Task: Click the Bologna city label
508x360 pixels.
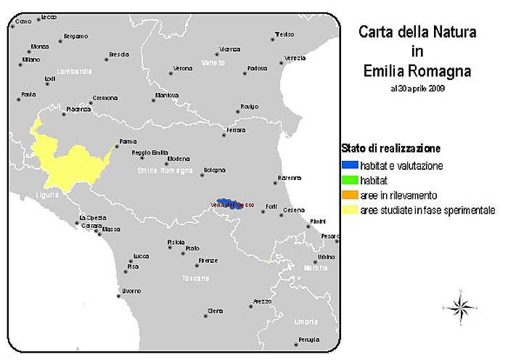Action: [215, 170]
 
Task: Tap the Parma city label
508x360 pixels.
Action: [128, 142]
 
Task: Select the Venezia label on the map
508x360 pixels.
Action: [295, 58]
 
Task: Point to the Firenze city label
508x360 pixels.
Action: [208, 260]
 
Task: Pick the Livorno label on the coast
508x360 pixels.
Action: [131, 291]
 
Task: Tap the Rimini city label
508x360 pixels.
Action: [319, 221]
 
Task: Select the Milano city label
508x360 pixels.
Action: [31, 60]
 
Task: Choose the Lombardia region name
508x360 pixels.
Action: [75, 71]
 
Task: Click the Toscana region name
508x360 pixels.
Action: [196, 278]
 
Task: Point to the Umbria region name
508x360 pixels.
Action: [306, 321]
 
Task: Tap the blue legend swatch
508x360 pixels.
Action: [350, 165]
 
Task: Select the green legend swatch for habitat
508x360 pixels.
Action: [350, 180]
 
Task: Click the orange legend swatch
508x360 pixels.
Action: [350, 195]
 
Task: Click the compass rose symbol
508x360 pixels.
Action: [460, 308]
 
